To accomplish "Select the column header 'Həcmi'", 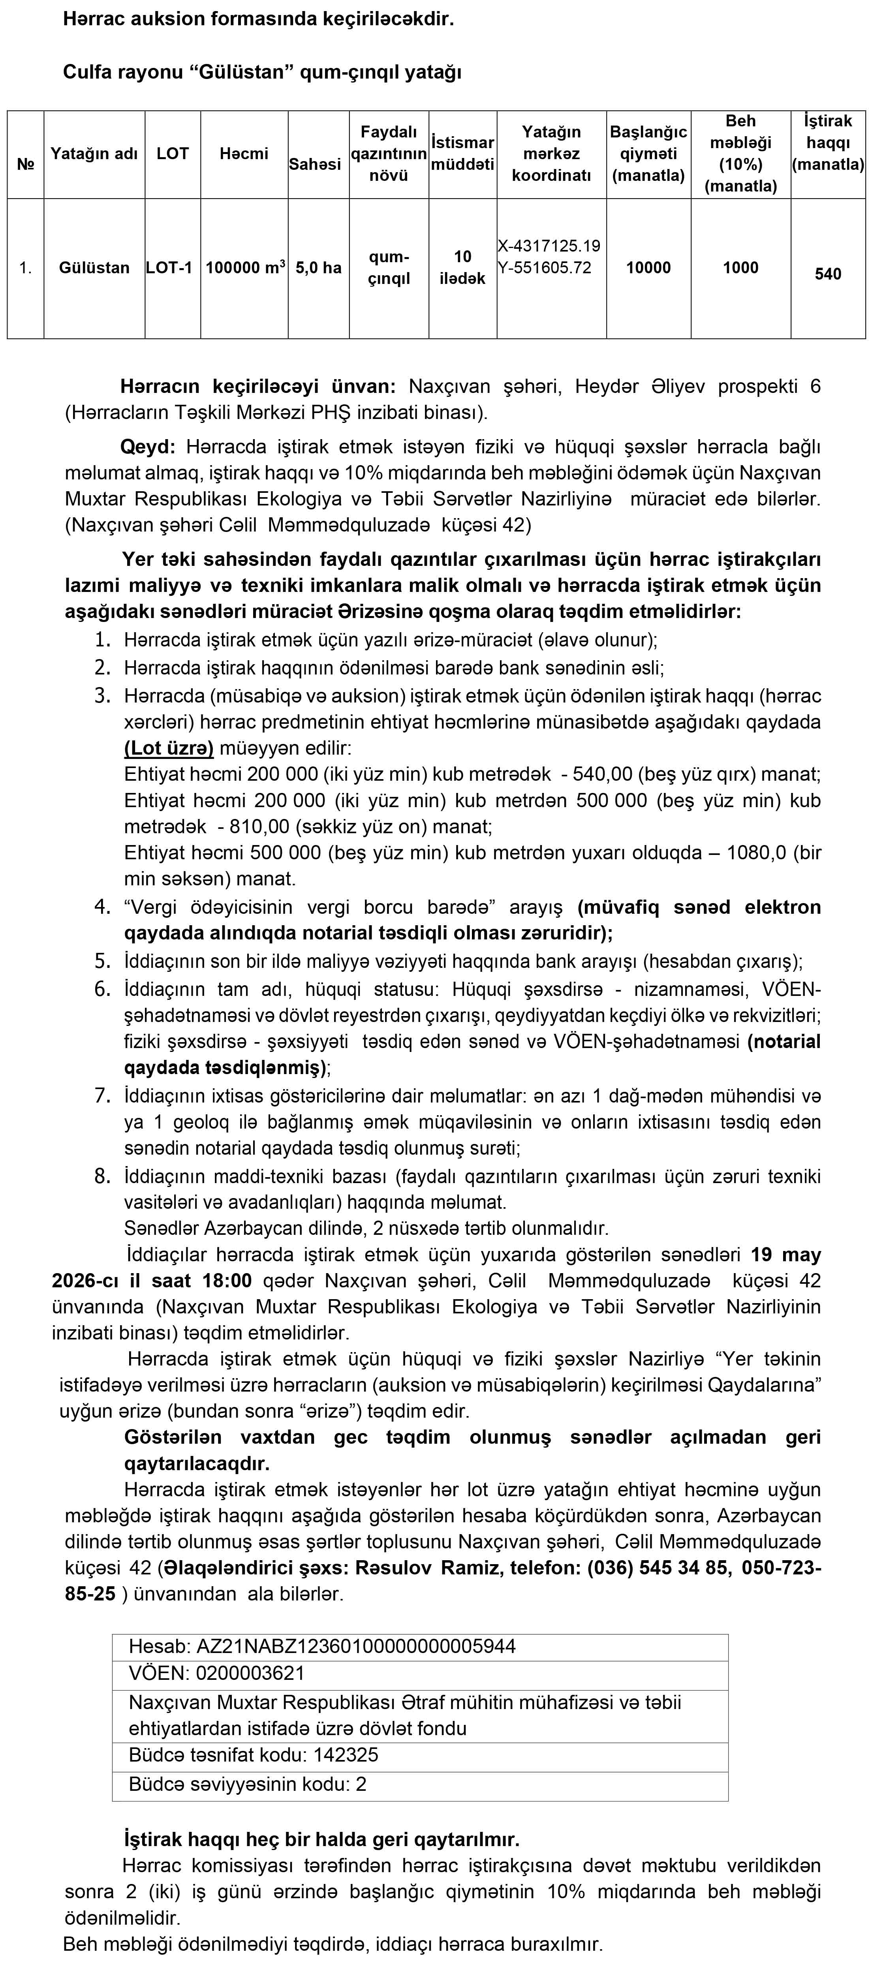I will click(244, 154).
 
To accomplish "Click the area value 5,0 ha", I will click(318, 268).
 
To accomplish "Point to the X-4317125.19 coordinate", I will click(549, 246).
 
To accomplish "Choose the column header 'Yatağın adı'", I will click(94, 154).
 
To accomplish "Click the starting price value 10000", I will click(648, 268).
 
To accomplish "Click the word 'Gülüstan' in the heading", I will click(241, 73).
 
